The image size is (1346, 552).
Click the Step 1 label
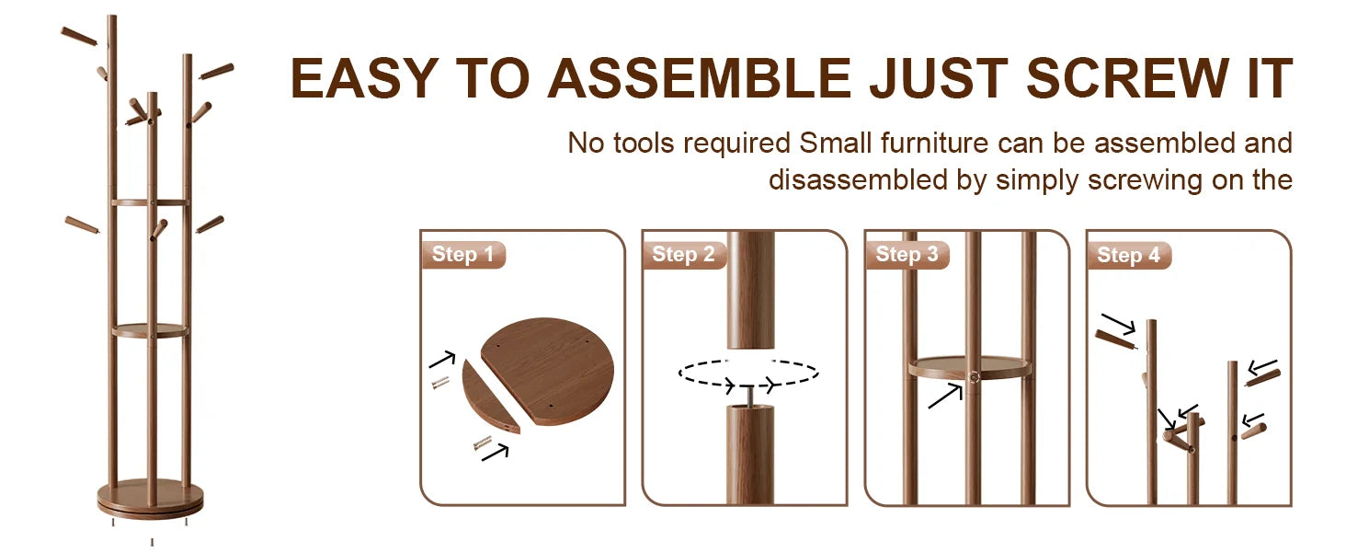[x=462, y=254]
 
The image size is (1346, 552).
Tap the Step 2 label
[x=683, y=254]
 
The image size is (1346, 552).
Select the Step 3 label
[x=907, y=254]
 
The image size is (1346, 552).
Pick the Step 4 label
[x=1128, y=255]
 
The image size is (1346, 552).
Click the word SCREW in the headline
[x=1127, y=78]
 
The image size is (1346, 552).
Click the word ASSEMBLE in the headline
[x=699, y=78]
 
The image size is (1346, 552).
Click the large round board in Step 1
[x=548, y=371]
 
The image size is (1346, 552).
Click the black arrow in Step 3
[x=945, y=397]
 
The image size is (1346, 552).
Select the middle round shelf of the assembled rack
[x=150, y=330]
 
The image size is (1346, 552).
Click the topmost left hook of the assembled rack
[x=79, y=36]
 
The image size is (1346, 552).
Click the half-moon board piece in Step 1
[x=490, y=397]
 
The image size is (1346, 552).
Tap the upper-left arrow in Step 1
[x=442, y=360]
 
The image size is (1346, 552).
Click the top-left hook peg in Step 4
[x=1116, y=339]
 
